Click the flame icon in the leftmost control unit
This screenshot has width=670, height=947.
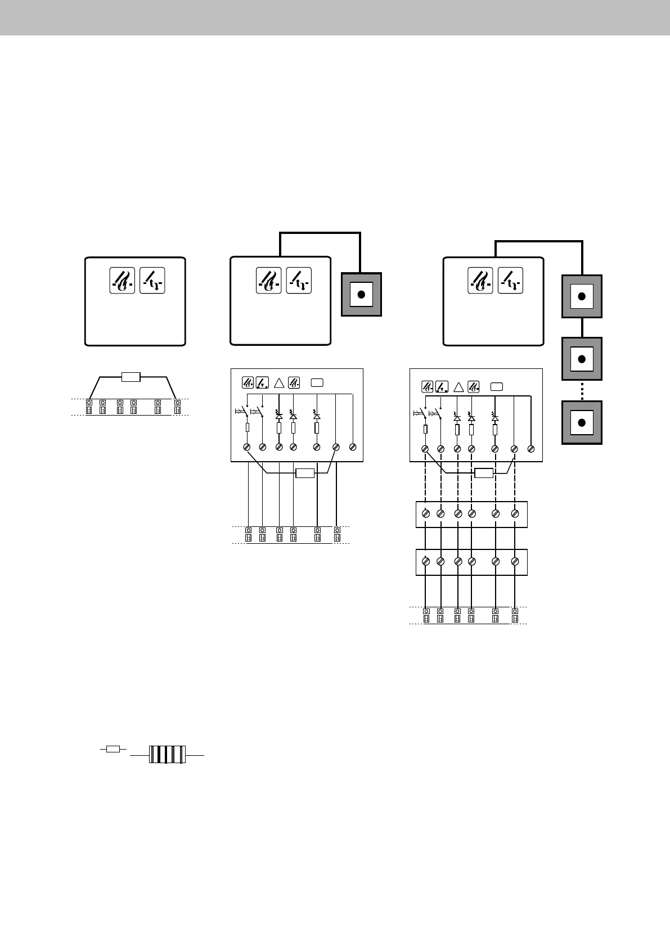(122, 281)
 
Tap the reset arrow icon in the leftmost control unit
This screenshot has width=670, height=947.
(152, 281)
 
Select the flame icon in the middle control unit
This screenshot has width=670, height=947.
(268, 281)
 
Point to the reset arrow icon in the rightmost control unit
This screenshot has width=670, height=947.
(510, 281)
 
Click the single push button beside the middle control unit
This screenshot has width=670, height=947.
(362, 295)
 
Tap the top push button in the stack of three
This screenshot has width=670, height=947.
(582, 296)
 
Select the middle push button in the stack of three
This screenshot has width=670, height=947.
(582, 359)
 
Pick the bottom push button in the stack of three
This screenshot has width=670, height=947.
(582, 422)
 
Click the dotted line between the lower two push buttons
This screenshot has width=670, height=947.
(582, 390)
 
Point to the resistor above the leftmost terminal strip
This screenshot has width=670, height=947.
(131, 377)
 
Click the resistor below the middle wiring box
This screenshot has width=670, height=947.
(304, 473)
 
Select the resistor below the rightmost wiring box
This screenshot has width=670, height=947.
(484, 473)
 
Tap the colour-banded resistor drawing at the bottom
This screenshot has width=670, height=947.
(167, 754)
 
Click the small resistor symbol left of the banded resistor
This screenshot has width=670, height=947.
(113, 749)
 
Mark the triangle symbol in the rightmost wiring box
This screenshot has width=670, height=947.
(458, 387)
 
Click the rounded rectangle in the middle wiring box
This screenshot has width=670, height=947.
(317, 383)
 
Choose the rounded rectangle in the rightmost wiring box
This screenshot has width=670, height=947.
(496, 387)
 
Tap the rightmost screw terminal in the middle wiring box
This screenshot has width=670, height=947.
(352, 447)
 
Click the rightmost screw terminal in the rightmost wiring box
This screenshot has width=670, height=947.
(531, 449)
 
